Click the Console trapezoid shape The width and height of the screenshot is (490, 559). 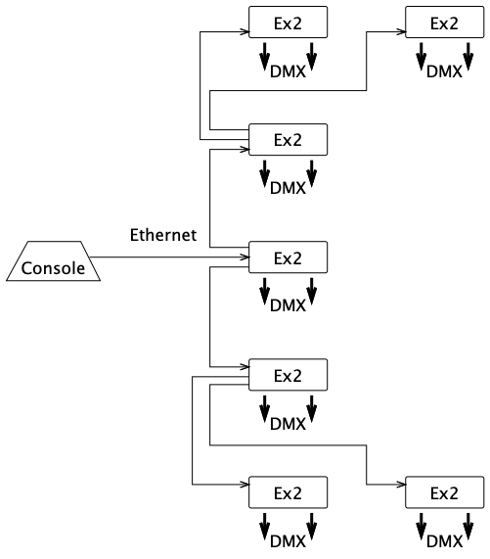point(54,261)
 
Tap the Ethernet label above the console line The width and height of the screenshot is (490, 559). point(163,235)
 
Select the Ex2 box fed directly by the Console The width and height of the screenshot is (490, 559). point(288,257)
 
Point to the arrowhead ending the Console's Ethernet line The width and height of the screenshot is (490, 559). point(245,257)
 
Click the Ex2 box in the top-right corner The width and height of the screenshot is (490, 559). point(445,23)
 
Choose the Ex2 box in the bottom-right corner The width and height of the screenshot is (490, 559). point(445,492)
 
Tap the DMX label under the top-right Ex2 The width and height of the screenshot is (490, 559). point(444,71)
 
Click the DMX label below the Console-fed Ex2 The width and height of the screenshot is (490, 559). point(288,305)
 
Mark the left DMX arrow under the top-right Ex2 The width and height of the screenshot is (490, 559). point(422,57)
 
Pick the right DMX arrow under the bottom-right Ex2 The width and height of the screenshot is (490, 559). point(468,527)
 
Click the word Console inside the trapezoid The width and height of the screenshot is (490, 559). point(53,268)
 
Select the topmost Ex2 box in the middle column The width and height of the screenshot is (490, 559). point(288,23)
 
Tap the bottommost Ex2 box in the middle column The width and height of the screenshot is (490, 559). point(288,492)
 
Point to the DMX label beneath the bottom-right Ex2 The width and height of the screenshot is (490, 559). point(444,542)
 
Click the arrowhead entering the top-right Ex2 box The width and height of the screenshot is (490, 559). point(401,31)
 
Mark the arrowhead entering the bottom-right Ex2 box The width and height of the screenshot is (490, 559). point(401,485)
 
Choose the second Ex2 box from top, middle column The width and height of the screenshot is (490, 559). point(288,140)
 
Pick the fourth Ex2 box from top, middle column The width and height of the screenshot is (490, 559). point(288,375)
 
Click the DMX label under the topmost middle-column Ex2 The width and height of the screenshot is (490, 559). point(288,71)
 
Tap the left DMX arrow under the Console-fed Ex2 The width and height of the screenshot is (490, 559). point(265,292)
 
